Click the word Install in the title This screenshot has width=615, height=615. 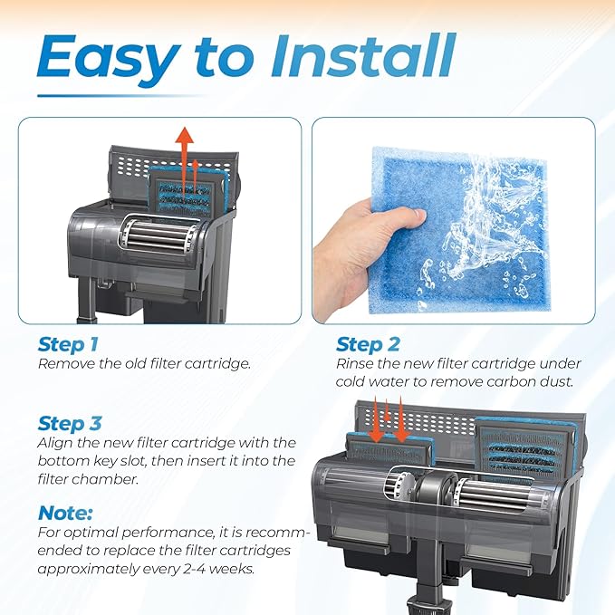[x=362, y=55]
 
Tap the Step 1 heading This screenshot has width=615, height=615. [x=68, y=344]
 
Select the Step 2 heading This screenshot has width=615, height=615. [x=368, y=344]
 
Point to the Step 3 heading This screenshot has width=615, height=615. [x=70, y=424]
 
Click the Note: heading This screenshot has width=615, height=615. [x=65, y=513]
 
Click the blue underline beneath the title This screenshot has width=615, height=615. [x=121, y=96]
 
